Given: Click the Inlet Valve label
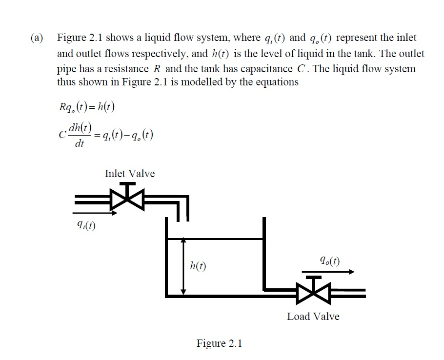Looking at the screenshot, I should coord(129,174).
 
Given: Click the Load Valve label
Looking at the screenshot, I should coord(313,317).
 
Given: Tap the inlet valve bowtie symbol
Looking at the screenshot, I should coord(128,198).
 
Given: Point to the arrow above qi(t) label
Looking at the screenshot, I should coord(95,213).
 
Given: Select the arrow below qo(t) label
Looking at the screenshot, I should coord(328,272).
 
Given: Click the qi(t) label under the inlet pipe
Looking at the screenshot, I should coord(84,225).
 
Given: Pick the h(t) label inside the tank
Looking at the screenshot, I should coord(198,266).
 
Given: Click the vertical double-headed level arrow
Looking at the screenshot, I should coord(183,266).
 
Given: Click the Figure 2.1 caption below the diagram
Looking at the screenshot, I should coord(219,343).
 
